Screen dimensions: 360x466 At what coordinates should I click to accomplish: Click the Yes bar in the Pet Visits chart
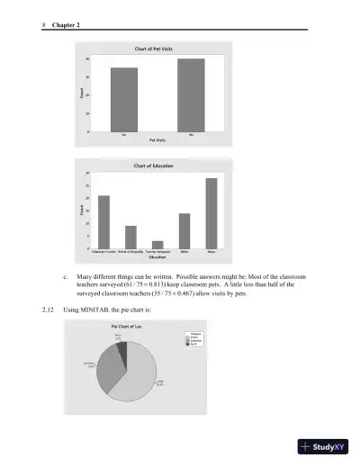coord(124,99)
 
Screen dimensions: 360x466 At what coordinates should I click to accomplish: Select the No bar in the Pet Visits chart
coord(191,94)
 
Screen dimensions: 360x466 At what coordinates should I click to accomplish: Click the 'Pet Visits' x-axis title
coord(157,140)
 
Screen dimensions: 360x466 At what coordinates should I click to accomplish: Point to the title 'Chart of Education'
coord(154,166)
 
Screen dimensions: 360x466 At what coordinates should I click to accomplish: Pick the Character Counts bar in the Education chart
coord(103,220)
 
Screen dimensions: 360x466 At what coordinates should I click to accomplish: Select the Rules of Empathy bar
coord(130,236)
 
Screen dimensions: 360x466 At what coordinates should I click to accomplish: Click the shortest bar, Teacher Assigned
coord(157,244)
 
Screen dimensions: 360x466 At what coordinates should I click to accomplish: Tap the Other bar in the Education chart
coord(184,229)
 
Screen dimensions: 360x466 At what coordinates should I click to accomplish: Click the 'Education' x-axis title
coord(157,257)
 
